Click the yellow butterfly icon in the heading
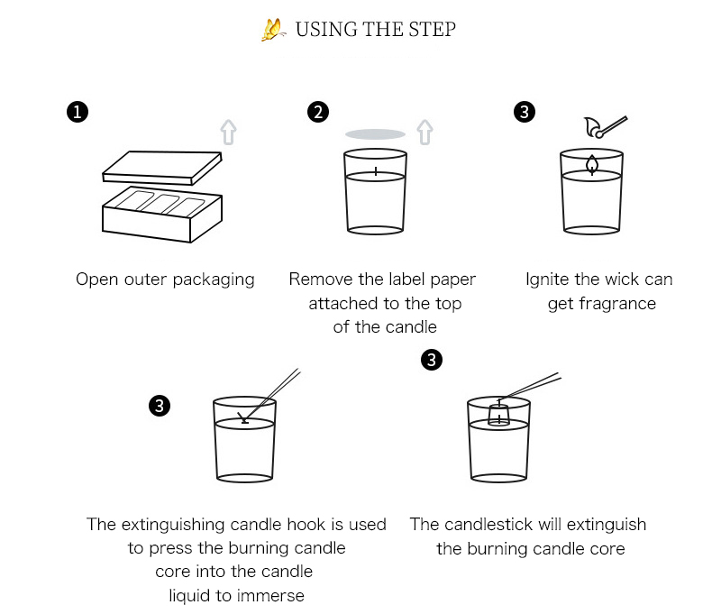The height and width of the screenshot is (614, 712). [272, 30]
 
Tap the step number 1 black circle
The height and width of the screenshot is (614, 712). [78, 112]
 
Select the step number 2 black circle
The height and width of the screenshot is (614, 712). [317, 112]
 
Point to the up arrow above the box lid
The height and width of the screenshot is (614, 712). [229, 133]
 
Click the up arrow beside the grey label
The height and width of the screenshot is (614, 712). [424, 133]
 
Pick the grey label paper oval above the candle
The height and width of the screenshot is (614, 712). [375, 134]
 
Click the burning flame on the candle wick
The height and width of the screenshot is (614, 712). [592, 163]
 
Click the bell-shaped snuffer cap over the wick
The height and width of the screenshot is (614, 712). [498, 414]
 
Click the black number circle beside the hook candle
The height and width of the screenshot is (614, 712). [158, 407]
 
